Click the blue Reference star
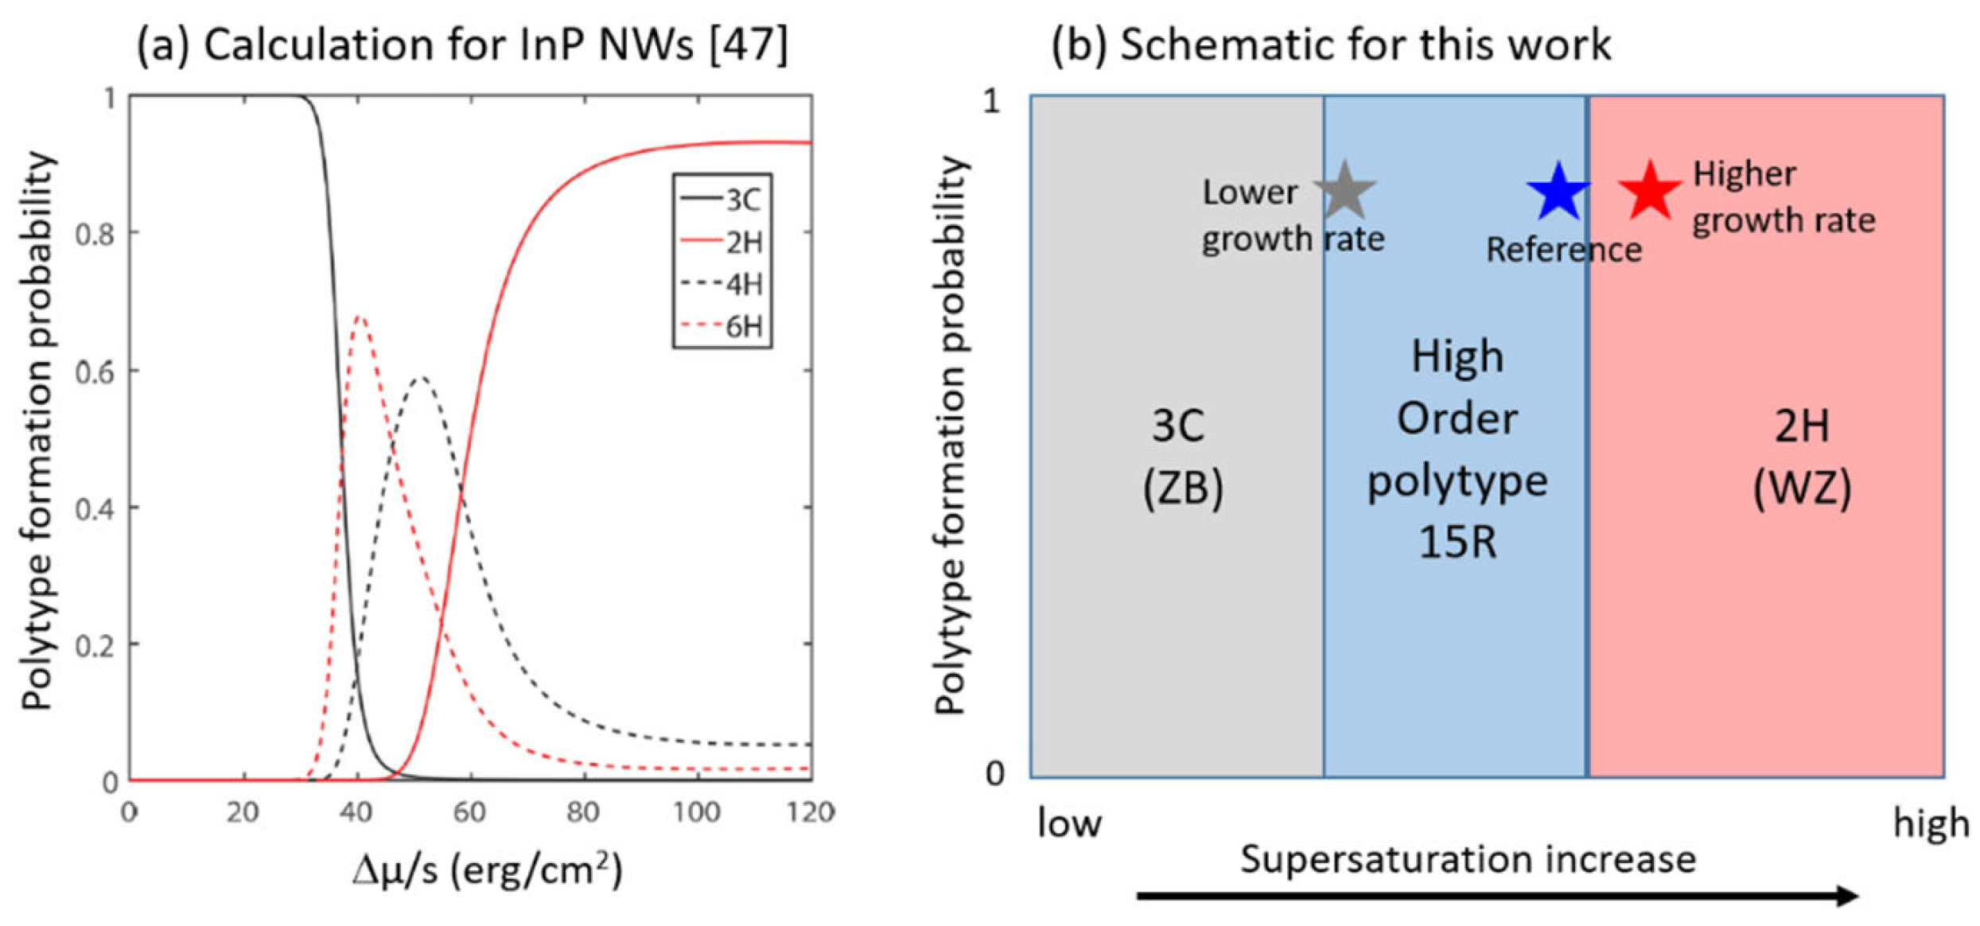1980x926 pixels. [x=1558, y=193]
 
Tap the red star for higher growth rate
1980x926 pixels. [x=1650, y=191]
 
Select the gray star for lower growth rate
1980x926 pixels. [x=1344, y=192]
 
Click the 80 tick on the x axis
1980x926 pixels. [x=583, y=812]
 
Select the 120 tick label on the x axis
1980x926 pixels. [x=810, y=812]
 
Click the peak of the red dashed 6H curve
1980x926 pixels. [x=360, y=317]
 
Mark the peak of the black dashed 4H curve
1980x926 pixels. [x=422, y=377]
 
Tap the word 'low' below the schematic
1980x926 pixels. [x=1069, y=823]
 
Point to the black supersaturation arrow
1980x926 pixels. [x=1496, y=896]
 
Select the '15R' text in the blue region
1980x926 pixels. [x=1457, y=543]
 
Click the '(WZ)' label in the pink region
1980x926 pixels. [x=1802, y=487]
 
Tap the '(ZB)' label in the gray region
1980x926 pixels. [x=1182, y=487]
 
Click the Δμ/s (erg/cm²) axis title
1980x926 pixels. [x=487, y=871]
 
